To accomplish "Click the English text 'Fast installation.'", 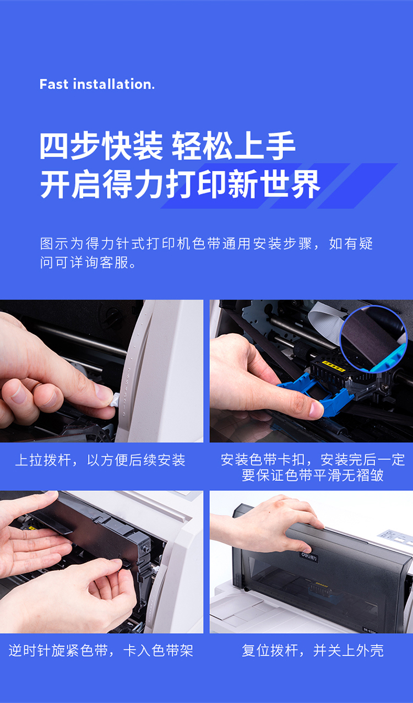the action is point(97,84).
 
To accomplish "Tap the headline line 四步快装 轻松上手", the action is point(167,145).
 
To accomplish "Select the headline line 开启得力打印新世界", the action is point(180,184).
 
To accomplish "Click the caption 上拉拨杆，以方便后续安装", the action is point(100,461).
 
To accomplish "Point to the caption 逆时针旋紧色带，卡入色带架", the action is point(101,651).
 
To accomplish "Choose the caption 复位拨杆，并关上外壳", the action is point(312,651).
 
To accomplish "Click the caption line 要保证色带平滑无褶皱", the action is point(312,475).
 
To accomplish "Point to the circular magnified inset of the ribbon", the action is point(373,339).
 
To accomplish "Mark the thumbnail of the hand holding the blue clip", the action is point(311,371).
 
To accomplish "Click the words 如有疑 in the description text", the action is point(351,244).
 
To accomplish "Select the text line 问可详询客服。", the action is point(89,262).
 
